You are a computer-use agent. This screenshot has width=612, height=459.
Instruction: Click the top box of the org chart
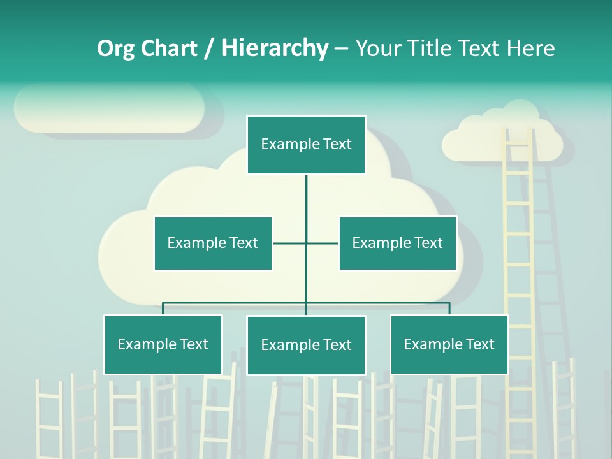tap(306, 145)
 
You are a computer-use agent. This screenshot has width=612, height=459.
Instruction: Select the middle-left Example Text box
tap(213, 243)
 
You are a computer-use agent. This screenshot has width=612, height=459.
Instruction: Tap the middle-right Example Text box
tap(398, 243)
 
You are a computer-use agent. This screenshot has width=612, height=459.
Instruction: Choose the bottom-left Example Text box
tap(163, 344)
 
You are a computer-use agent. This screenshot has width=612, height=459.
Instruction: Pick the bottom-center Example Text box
tap(306, 345)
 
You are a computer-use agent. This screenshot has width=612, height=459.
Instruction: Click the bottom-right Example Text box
tap(449, 344)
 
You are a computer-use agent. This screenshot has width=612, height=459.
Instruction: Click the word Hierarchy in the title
tap(275, 48)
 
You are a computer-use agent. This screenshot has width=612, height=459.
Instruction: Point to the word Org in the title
tap(115, 48)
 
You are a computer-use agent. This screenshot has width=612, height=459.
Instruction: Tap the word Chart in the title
tap(169, 48)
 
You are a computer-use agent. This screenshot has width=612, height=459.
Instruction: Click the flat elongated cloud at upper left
tap(110, 108)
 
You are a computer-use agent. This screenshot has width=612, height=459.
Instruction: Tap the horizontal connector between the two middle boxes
tap(306, 243)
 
